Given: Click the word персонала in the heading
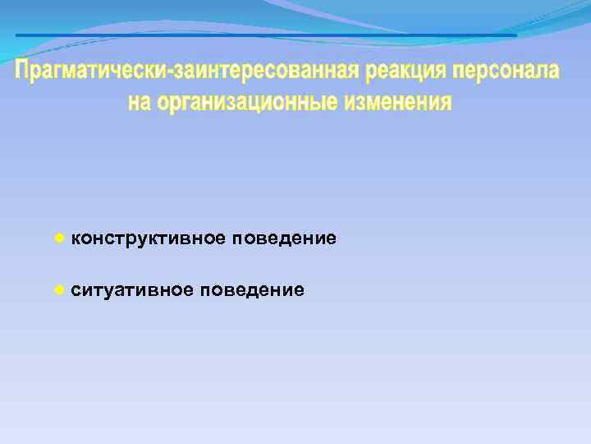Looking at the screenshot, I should click(504, 72).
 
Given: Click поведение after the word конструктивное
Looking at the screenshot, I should click(284, 238).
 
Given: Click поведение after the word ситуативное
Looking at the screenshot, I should click(253, 290).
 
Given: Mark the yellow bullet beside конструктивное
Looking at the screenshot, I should click(59, 238).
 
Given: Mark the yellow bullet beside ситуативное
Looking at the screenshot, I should click(59, 289).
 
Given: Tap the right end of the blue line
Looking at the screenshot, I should click(515, 35).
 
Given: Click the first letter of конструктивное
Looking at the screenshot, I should click(76, 239).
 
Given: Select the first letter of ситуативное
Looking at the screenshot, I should click(76, 291).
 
